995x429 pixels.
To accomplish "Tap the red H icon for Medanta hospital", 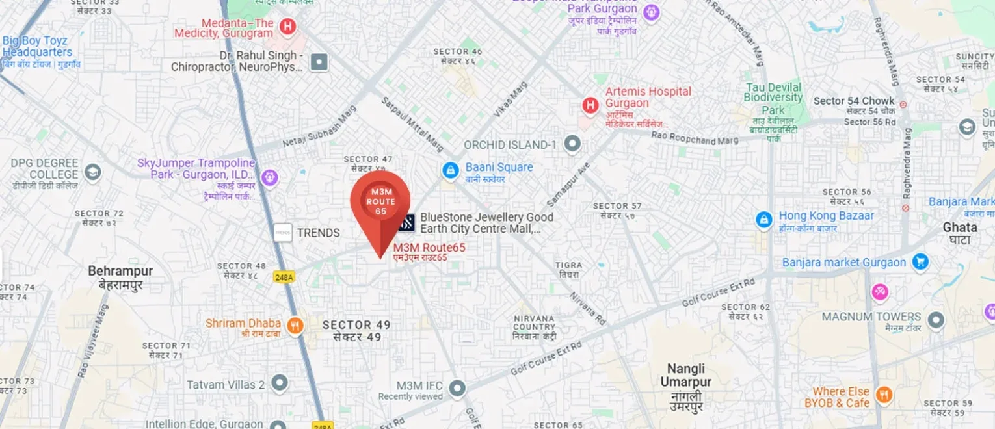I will point(286,27).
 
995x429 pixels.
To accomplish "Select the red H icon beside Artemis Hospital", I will point(590,105).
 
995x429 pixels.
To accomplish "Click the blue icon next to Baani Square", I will point(449,171).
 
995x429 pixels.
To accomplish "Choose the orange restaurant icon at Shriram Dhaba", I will point(295,326).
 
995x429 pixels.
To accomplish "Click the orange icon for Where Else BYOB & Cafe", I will point(883,394).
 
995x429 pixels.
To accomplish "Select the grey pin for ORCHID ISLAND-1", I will point(572,144).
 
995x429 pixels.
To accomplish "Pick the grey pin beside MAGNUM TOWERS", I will point(935,320).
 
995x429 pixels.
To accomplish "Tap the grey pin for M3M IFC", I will point(457,389).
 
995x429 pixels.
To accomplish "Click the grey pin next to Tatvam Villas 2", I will point(279,383).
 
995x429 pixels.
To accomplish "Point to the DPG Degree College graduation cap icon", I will point(93,172).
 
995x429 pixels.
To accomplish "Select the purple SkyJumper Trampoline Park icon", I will point(269,177).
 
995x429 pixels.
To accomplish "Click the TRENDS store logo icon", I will point(282,233).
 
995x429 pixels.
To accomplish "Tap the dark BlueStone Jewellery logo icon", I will point(406,223).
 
